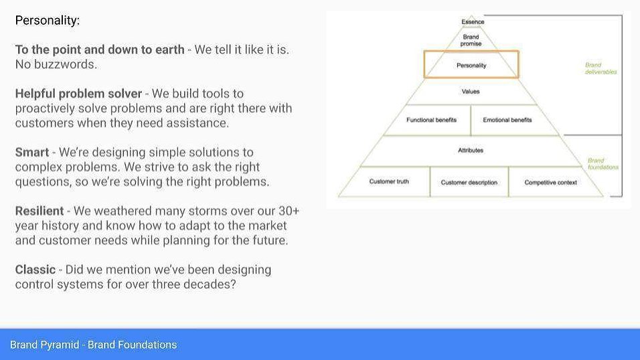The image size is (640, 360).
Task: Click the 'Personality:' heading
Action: [x=48, y=20]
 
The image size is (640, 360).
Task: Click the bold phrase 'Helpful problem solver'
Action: [x=78, y=94]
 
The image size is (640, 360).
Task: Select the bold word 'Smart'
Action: [x=32, y=153]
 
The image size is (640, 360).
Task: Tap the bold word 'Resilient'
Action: [x=39, y=211]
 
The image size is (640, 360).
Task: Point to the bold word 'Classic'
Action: [x=35, y=270]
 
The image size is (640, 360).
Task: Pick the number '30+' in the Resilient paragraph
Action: [x=289, y=211]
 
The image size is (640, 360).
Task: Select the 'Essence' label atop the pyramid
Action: [x=473, y=21]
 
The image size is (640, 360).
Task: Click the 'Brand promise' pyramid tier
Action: [x=471, y=40]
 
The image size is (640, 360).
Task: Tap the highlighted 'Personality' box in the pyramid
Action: [x=471, y=64]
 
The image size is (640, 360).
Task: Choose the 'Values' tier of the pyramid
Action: [x=471, y=92]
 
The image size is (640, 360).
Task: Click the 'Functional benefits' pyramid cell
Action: [x=431, y=120]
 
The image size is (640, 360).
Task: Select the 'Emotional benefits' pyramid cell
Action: [x=507, y=120]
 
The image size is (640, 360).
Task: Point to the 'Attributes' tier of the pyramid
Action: [x=471, y=150]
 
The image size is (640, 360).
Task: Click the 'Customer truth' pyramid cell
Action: [x=389, y=181]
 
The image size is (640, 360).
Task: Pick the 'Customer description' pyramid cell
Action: [x=469, y=183]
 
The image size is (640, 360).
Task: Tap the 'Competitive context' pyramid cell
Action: [x=550, y=183]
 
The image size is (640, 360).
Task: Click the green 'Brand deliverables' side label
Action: [x=601, y=68]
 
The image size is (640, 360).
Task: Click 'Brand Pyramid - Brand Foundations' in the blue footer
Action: [x=94, y=345]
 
